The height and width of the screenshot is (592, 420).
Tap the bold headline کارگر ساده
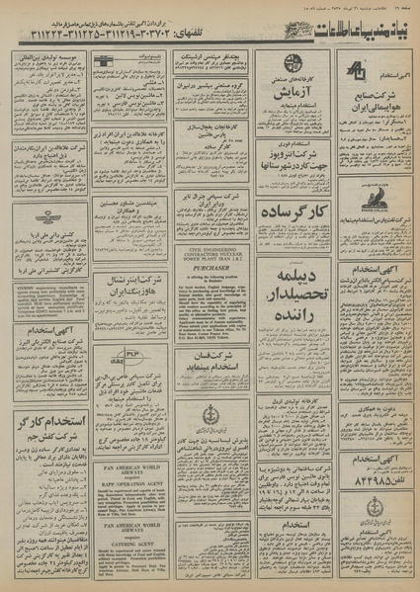coord(293,213)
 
